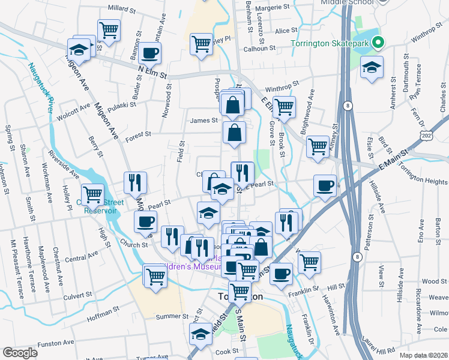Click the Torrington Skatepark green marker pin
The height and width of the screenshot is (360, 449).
click(x=378, y=43)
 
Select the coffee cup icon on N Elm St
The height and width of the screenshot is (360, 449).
click(x=149, y=53)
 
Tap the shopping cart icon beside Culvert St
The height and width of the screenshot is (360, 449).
click(x=155, y=277)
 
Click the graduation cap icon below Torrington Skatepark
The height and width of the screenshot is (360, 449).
click(x=372, y=68)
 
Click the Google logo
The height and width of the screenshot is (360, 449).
click(x=20, y=353)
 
